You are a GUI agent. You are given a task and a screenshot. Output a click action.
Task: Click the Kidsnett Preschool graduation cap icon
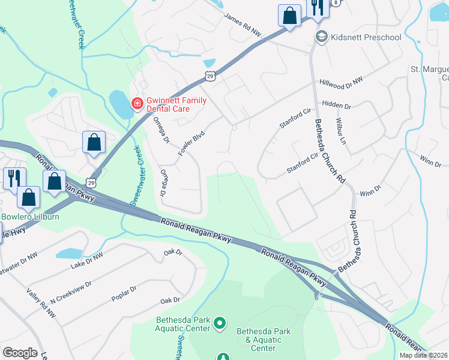pos(321,37)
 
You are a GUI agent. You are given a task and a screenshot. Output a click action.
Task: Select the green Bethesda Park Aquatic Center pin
pos(220,323)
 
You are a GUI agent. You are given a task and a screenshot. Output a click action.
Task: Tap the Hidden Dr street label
pos(336,104)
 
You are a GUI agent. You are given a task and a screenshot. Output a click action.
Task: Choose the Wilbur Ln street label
pos(343,133)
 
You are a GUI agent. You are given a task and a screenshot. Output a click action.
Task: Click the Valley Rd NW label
pos(41,302)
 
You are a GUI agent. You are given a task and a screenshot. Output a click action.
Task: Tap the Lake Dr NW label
pos(86,260)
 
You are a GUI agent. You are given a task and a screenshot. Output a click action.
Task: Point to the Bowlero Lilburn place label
pos(29,216)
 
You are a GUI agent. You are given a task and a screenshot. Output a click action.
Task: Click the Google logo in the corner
pos(19,353)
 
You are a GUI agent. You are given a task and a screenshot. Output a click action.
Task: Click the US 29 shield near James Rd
pos(209,76)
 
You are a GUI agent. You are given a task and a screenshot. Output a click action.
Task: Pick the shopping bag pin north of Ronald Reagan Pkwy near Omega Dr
pos(94,143)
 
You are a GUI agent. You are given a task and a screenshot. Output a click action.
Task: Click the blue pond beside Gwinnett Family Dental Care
pos(121,106)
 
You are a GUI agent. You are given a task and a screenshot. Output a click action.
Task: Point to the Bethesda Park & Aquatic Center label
pos(264,340)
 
